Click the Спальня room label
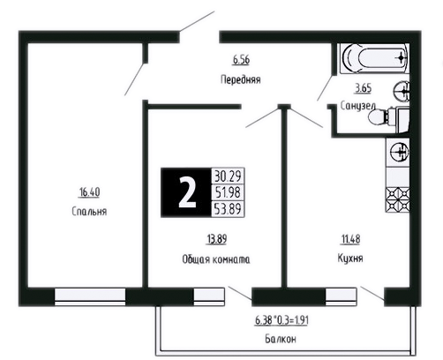89,211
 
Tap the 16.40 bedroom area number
90,192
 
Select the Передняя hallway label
241,79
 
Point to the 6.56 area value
241,60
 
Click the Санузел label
357,105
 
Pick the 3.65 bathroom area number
364,88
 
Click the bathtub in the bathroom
373,58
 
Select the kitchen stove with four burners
398,199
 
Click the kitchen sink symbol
398,153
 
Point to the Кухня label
350,259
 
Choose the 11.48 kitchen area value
350,239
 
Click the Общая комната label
216,259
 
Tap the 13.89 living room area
217,239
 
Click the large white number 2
187,193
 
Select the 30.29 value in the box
228,176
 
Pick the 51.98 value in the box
228,192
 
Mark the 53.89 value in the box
228,209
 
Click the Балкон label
281,339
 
